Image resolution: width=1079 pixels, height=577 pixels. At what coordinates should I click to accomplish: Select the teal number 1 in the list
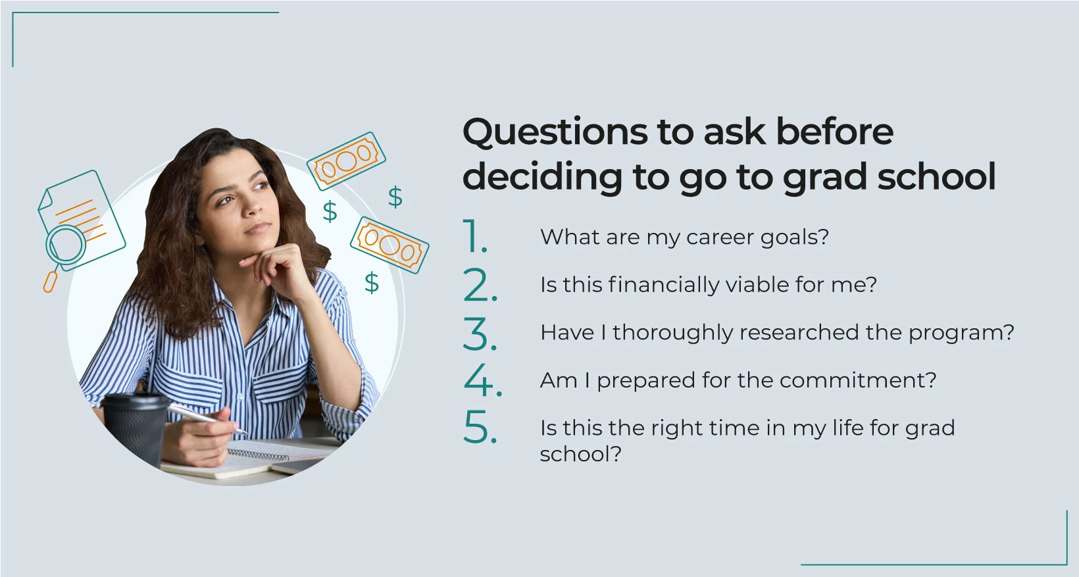point(474,236)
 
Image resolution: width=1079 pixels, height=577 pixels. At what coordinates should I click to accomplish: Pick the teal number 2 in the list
point(480,285)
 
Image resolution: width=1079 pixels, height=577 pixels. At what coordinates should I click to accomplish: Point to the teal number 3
point(480,334)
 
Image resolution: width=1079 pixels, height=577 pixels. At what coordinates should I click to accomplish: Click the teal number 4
point(482,380)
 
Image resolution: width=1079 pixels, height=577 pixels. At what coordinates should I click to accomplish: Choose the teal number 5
point(480,428)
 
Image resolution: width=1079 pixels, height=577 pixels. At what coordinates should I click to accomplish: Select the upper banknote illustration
point(346,161)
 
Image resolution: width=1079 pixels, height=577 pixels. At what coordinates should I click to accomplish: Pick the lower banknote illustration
point(389,245)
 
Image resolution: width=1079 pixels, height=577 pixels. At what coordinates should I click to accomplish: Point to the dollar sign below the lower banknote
point(372,282)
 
